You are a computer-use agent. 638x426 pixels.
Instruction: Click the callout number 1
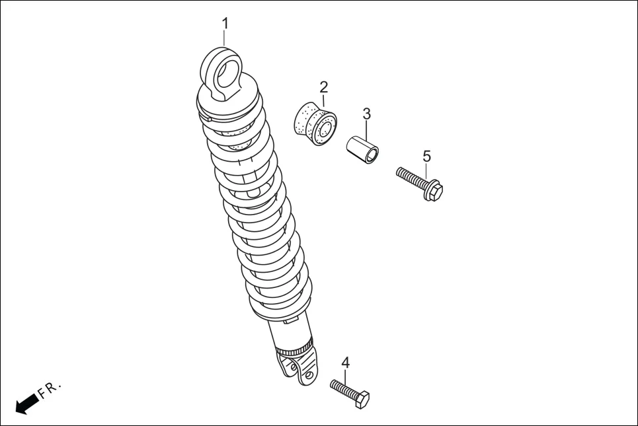click(x=225, y=23)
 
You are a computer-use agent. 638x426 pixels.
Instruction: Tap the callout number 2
click(x=323, y=87)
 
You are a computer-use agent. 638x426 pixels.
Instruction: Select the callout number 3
click(x=367, y=114)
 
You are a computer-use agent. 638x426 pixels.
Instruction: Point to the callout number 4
click(x=345, y=363)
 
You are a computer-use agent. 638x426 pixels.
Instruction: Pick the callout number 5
click(x=426, y=157)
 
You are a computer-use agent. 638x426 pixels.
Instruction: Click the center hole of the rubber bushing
click(x=325, y=129)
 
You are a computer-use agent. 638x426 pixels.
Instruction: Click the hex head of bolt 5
click(x=434, y=190)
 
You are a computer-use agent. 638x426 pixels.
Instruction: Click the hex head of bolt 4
click(x=362, y=399)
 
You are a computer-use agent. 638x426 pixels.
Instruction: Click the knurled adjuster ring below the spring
click(x=295, y=347)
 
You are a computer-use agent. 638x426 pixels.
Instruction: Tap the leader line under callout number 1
click(x=225, y=38)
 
